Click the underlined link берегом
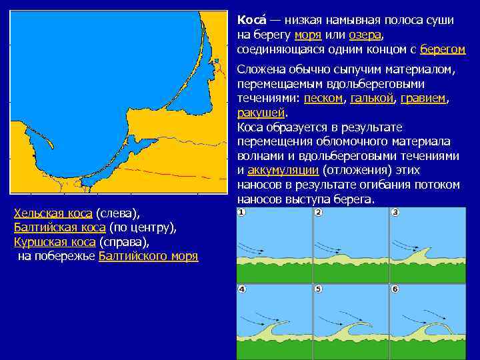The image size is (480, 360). pyautogui.click(x=443, y=49)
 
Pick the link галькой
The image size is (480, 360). pyautogui.click(x=371, y=98)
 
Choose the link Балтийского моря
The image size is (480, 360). pyautogui.click(x=148, y=256)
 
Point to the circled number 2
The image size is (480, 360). pyautogui.click(x=319, y=213)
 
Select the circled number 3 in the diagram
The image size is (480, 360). pyautogui.click(x=395, y=213)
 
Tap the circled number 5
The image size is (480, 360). pyautogui.click(x=319, y=289)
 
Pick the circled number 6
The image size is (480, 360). pyautogui.click(x=395, y=289)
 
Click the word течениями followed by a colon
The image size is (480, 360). pyautogui.click(x=268, y=98)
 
